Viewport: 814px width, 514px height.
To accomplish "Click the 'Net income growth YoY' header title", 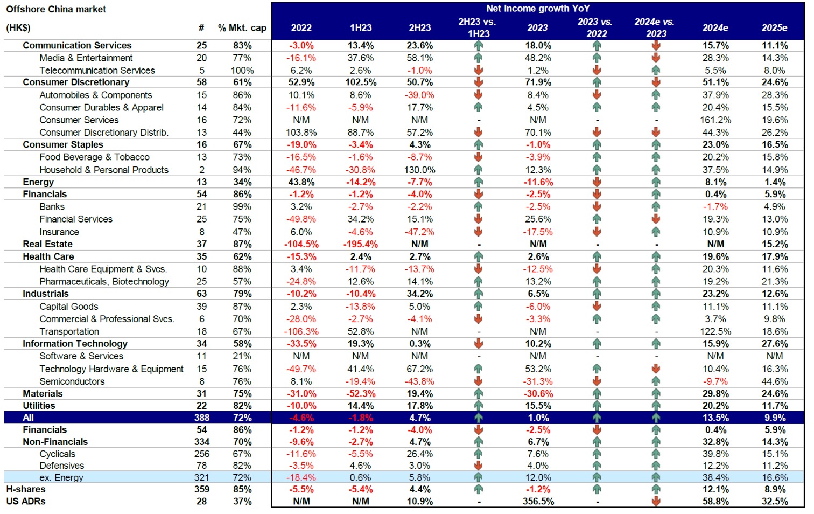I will pos(537,9).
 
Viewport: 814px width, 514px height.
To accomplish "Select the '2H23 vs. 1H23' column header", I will pos(478,28).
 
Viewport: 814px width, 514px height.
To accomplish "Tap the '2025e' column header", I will pos(774,28).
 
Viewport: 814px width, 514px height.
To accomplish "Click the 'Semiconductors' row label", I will pos(72,381).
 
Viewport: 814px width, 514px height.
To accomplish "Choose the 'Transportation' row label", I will pos(69,331).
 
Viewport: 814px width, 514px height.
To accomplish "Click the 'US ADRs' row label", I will pos(26,501).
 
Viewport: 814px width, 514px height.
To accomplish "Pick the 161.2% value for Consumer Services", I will pos(715,120).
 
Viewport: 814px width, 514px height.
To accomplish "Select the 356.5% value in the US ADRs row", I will pos(538,501).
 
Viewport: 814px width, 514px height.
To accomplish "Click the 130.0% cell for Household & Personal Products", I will pos(419,170).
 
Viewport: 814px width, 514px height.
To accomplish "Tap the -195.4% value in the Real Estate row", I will pos(360,244).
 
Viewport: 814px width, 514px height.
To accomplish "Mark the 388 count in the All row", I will pos(202,418).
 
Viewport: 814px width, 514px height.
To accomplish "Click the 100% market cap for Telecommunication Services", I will pos(242,71).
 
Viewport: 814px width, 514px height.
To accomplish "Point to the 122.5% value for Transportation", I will pos(715,331).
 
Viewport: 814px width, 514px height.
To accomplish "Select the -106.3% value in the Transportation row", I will pos(301,331).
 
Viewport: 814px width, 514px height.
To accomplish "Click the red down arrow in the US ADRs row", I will pos(656,501).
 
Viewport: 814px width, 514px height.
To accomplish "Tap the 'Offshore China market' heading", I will pos(56,9).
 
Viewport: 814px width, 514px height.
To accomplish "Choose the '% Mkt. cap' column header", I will pos(242,28).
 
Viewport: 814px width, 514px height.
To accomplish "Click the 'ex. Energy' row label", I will pos(61,477).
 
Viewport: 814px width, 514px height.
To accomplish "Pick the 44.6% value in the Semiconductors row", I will pos(774,381).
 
